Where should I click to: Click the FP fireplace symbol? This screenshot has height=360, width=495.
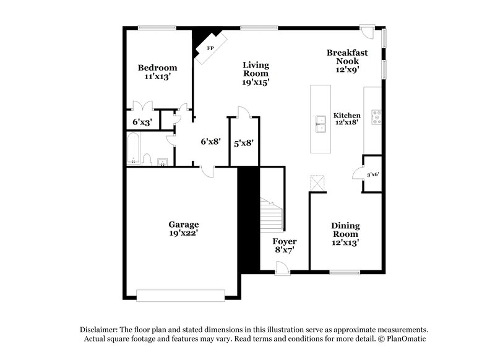210,48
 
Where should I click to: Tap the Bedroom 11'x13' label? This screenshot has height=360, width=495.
157,72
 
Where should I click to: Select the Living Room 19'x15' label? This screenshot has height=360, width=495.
256,73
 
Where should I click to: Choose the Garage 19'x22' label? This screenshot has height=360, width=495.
184,229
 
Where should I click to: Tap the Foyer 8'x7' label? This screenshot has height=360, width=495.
285,246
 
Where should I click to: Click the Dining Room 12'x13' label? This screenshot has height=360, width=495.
345,234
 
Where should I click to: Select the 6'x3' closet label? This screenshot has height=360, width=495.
142,122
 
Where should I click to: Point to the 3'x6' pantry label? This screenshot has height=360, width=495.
372,174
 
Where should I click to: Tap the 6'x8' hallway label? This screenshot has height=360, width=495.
210,141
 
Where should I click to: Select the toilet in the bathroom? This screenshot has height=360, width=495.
147,160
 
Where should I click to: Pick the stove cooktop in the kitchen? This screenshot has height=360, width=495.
375,117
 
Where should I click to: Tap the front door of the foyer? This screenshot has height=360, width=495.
282,267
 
